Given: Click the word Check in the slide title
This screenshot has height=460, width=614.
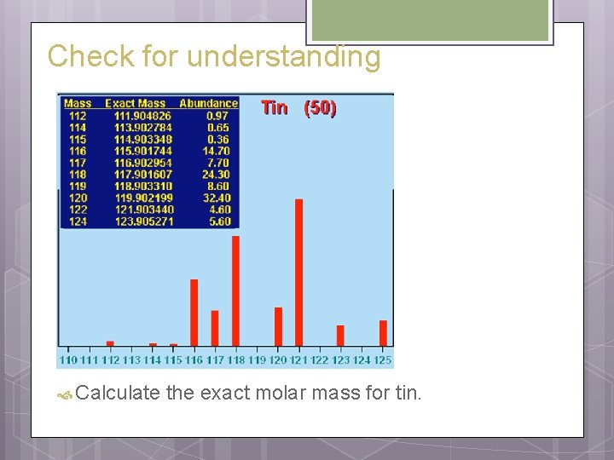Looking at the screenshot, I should [x=78, y=56].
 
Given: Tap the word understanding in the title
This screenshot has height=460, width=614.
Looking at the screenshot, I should [x=283, y=57].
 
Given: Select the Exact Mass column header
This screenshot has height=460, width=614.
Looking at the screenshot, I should [x=135, y=104].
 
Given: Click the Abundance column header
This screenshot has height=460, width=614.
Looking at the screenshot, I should [x=208, y=104].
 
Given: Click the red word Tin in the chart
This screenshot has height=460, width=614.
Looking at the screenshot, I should [x=275, y=107].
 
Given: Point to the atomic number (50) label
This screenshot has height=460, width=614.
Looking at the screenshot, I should [x=321, y=108].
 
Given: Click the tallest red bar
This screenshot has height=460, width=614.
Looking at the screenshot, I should [x=299, y=272].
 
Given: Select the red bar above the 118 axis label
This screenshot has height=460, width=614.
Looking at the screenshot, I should [x=236, y=290].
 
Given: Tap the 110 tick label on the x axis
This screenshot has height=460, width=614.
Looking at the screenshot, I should [x=68, y=360].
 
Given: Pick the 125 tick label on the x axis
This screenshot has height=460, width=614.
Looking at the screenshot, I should [x=383, y=360].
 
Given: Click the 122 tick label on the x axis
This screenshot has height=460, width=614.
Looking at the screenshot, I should [x=320, y=360].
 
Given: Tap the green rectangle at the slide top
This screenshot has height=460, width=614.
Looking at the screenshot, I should [x=429, y=20].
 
